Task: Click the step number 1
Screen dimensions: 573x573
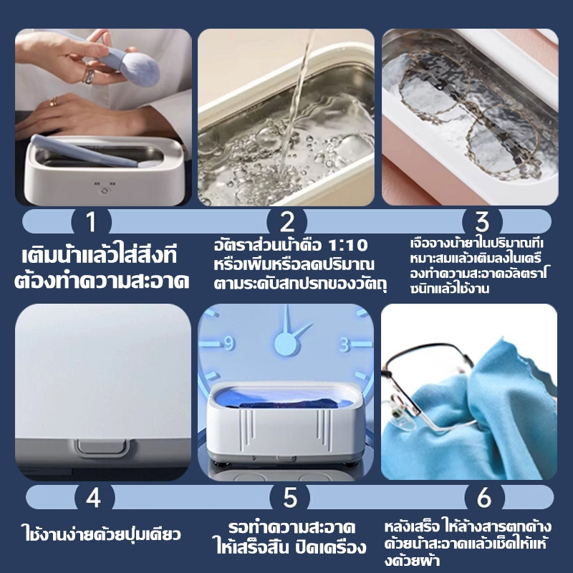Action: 90,221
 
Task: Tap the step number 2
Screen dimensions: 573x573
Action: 286,221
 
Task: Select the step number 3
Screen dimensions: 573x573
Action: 482,221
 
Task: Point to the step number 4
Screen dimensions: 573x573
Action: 94,496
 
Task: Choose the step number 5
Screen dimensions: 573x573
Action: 289,496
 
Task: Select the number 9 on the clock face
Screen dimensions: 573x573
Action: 229,344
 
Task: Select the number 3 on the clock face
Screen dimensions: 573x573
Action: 345,345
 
